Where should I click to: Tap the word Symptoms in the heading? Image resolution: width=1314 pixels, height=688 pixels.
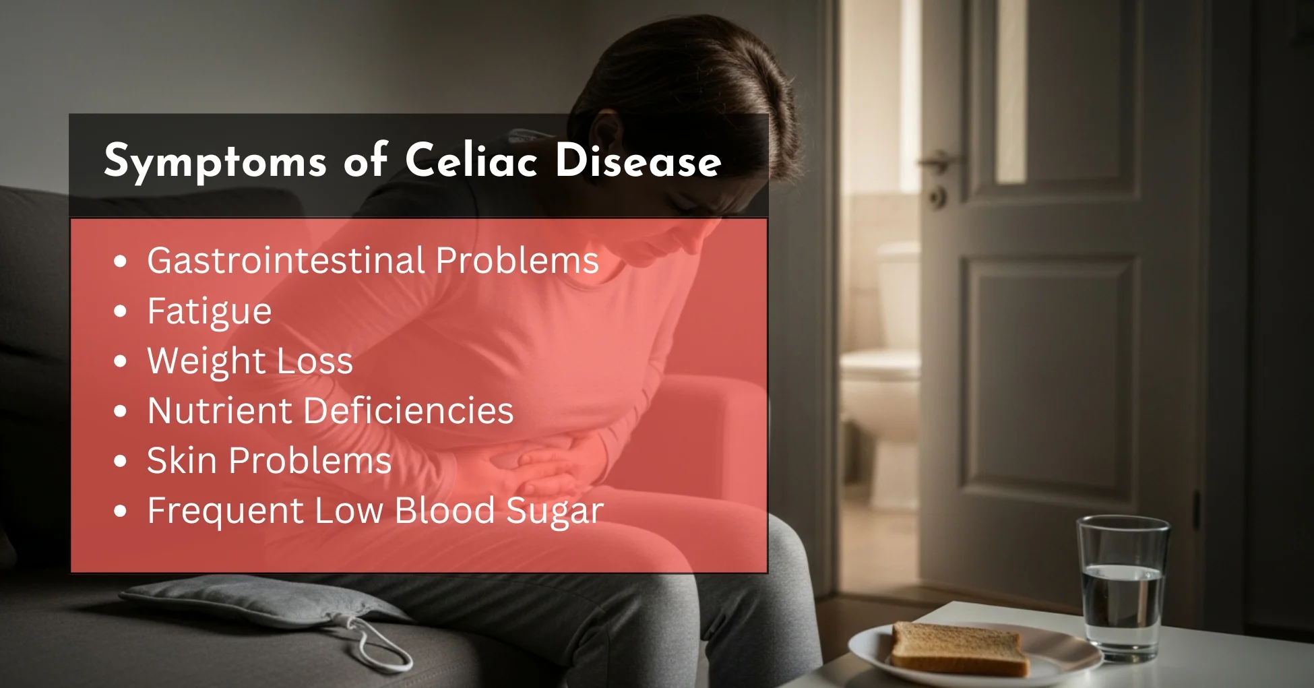[215, 162]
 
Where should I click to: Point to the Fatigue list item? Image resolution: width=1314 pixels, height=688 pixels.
[210, 312]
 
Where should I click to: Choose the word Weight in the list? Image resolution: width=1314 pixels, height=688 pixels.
[206, 361]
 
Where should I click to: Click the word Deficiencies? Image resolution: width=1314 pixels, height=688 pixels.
[408, 410]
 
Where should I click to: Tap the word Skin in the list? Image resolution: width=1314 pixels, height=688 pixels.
[182, 460]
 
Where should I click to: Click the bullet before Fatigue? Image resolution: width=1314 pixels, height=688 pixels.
[121, 311]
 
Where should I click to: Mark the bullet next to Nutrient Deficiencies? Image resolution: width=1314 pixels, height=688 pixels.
[121, 411]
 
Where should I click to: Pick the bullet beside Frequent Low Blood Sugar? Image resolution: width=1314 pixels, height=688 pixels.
[121, 511]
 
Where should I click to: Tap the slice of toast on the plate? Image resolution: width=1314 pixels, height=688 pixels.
[959, 649]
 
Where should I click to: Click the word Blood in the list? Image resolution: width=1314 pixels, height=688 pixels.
[445, 510]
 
